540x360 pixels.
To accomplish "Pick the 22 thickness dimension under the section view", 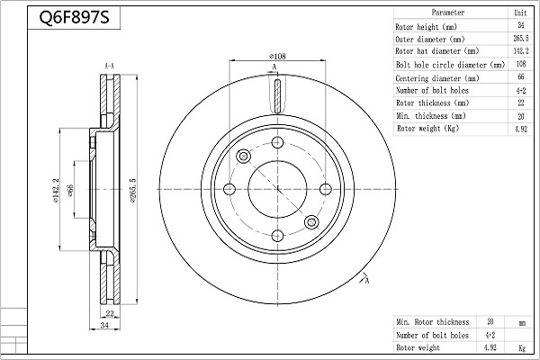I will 110,313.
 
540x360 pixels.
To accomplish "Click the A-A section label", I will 109,67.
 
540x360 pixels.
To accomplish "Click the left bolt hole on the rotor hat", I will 229,189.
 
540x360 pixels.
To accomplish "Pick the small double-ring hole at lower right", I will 311,222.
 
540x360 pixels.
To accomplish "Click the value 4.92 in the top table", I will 519,129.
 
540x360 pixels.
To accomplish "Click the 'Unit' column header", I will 519,13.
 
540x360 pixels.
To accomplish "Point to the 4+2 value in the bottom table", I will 490,334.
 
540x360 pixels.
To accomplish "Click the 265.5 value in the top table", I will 519,39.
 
